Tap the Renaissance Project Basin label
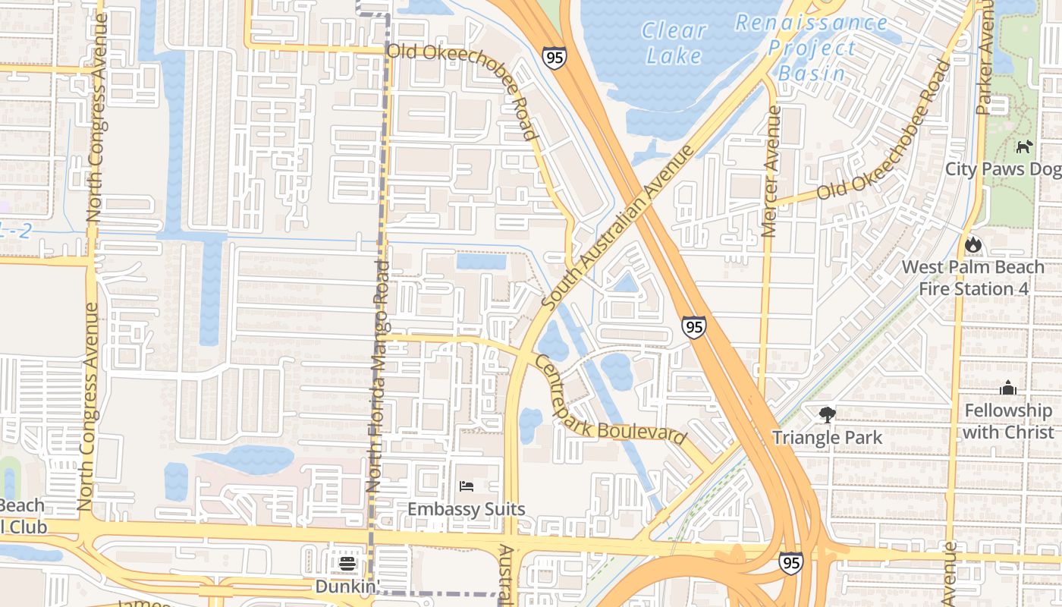[x=811, y=48]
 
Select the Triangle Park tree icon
[x=827, y=415]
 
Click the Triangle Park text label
[x=827, y=438]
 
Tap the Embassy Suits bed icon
[x=467, y=486]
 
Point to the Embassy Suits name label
[x=467, y=509]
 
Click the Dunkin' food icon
[x=347, y=564]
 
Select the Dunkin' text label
[x=347, y=587]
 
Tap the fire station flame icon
[x=972, y=244]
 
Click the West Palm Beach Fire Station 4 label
[x=972, y=278]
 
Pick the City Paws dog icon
[x=1025, y=146]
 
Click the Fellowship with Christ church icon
[x=1008, y=388]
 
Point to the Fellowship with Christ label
[x=1009, y=421]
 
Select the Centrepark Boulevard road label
[x=611, y=401]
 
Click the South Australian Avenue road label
[x=617, y=228]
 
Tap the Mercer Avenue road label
[x=771, y=171]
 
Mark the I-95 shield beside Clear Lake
[x=554, y=58]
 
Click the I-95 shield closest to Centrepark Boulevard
[x=693, y=327]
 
